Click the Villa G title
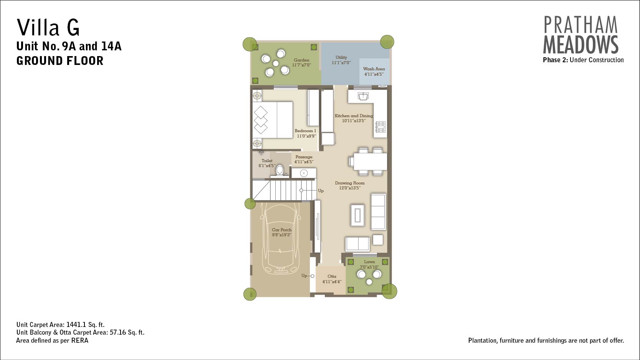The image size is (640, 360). (x=48, y=27)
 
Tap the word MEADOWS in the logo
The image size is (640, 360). (x=580, y=45)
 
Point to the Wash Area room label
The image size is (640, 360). (x=374, y=69)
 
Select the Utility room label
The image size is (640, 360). (x=341, y=57)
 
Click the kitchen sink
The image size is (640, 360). (x=363, y=96)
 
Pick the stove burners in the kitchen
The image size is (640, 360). (x=380, y=127)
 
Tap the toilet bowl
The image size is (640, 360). (x=280, y=170)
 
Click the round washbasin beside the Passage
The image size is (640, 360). (x=304, y=173)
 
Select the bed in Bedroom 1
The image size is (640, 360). (x=273, y=120)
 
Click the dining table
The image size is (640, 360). (x=370, y=162)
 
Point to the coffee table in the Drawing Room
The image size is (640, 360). (x=357, y=215)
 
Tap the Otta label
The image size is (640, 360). (x=332, y=276)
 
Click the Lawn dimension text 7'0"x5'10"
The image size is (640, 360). (x=369, y=267)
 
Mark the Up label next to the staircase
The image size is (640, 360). (x=321, y=191)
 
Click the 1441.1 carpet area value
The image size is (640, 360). (x=76, y=325)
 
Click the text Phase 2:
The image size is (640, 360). (x=555, y=60)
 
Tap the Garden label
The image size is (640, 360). (x=301, y=60)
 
